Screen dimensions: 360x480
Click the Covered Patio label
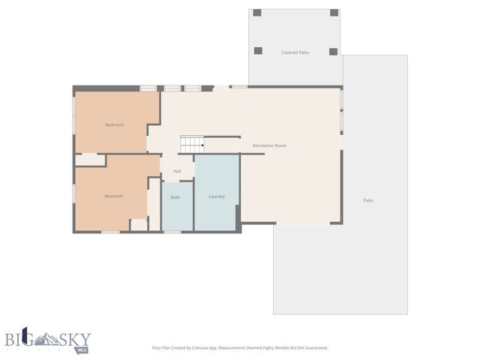(x=295, y=52)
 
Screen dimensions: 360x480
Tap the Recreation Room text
(x=269, y=145)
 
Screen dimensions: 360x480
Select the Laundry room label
(x=217, y=196)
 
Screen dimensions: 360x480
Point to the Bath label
(x=175, y=197)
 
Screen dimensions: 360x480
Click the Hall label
(x=178, y=171)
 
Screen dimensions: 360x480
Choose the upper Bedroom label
(x=114, y=124)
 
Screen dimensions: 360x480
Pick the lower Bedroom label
(x=114, y=196)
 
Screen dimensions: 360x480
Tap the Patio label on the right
(x=368, y=200)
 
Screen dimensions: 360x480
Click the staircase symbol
(x=192, y=144)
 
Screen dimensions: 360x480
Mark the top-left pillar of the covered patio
(x=257, y=13)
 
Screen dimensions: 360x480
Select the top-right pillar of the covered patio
(x=334, y=13)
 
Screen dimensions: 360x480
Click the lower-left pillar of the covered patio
(x=258, y=51)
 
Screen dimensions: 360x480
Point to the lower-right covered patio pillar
(x=334, y=51)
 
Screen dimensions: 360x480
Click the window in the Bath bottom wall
(x=172, y=232)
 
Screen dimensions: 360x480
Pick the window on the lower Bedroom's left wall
(x=73, y=193)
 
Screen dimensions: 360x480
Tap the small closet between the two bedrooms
(x=89, y=160)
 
